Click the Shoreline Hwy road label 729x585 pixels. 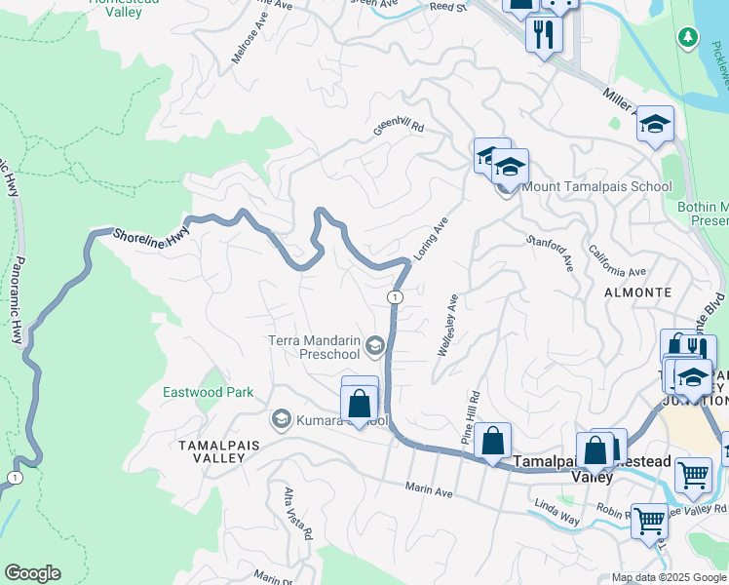150,236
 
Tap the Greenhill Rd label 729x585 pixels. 400,126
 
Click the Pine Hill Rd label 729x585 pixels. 472,418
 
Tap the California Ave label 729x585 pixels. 617,260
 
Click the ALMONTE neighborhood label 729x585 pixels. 637,292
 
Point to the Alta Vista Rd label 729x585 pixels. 297,513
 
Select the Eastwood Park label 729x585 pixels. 208,392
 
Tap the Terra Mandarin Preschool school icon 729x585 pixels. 374,346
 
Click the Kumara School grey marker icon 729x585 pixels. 282,419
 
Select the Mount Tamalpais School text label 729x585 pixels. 596,187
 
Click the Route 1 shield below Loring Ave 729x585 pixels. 395,296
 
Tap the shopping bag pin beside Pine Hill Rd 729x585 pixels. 493,441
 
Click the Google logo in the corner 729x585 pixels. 32,573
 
